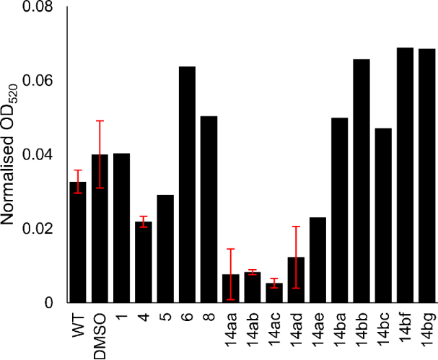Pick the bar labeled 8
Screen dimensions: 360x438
point(209,209)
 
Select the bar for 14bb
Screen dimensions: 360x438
point(362,181)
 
